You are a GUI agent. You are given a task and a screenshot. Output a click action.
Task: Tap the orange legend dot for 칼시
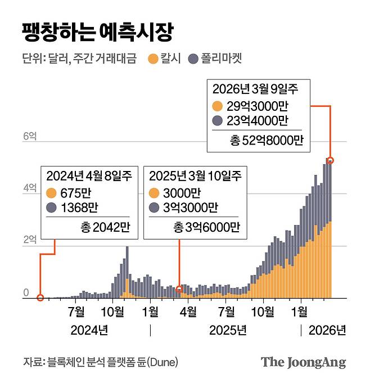151,58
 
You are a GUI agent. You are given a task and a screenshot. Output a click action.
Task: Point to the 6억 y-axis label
29,137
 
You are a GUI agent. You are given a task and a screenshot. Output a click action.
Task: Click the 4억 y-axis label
29,188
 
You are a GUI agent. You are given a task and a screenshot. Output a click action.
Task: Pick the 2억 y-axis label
29,240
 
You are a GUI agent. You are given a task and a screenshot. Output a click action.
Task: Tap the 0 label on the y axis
26,292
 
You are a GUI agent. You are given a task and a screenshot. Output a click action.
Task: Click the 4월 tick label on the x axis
188,312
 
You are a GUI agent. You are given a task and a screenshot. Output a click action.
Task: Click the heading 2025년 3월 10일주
195,175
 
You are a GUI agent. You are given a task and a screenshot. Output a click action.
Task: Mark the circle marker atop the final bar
331,160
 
